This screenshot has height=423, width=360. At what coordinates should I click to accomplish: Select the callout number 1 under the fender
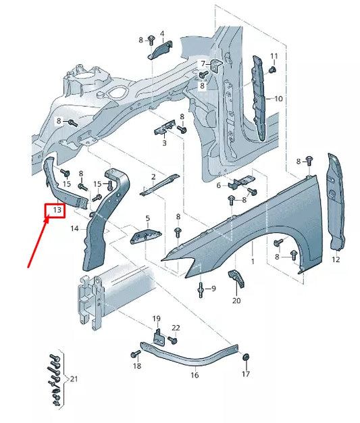[x=252, y=261]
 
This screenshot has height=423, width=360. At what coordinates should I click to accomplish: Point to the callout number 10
[x=278, y=99]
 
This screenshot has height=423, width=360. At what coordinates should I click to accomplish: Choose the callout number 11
[x=274, y=55]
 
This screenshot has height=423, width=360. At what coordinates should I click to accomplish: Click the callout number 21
[x=74, y=380]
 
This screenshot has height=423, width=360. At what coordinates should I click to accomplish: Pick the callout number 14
[x=75, y=229]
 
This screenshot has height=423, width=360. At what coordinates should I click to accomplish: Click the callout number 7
[x=202, y=64]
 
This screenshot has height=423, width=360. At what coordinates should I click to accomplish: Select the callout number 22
[x=176, y=328]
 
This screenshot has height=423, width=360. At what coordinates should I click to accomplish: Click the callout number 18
[x=137, y=366]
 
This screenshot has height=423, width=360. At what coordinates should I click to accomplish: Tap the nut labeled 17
[x=246, y=357]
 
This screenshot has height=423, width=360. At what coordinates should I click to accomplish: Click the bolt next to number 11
[x=272, y=69]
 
